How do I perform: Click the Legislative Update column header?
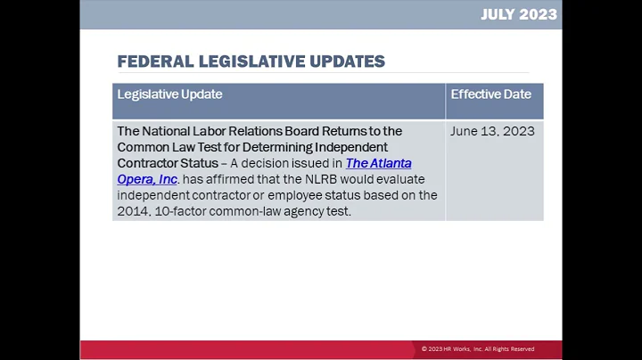(169, 94)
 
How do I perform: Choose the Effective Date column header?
(490, 94)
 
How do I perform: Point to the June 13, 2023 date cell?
(492, 131)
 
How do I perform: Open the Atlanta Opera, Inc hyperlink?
(378, 164)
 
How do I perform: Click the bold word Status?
(200, 163)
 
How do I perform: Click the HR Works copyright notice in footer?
(478, 349)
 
